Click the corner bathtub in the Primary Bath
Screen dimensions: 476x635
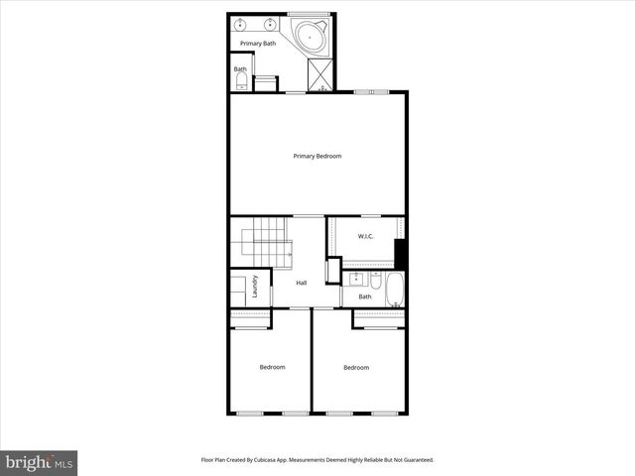(x=312, y=38)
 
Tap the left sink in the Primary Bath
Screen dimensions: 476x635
(x=241, y=23)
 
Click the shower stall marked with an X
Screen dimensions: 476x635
(x=321, y=74)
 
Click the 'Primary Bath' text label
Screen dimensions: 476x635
(x=257, y=44)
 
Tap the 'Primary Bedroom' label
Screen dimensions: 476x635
(x=317, y=156)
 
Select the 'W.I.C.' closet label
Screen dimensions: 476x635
(x=364, y=236)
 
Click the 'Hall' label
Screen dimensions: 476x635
(x=301, y=283)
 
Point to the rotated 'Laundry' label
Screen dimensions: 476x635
(x=255, y=286)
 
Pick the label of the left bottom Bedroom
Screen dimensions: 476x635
(x=272, y=367)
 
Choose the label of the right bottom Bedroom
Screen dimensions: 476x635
(x=356, y=368)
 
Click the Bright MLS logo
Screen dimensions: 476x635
(x=40, y=462)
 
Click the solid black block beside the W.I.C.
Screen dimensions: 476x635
(x=400, y=254)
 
